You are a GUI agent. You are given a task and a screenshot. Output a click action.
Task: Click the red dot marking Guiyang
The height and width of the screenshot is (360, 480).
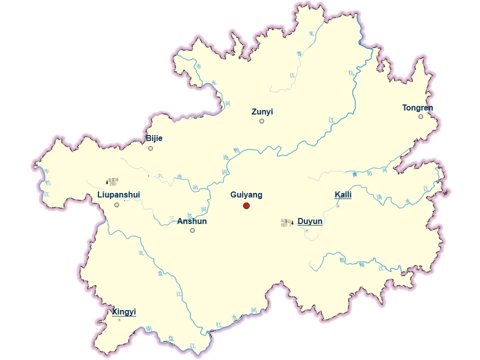click(x=246, y=205)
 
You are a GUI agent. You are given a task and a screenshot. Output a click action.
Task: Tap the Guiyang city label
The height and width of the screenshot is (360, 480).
click(x=246, y=195)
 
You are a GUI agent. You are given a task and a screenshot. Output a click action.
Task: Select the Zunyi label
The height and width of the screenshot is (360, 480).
click(x=262, y=112)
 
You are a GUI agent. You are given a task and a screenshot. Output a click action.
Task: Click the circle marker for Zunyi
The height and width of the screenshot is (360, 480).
click(x=261, y=121)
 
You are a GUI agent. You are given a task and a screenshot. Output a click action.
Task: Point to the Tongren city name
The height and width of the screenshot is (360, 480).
click(x=417, y=107)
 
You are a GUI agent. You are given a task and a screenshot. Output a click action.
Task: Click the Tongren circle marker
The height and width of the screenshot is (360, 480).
click(x=420, y=116)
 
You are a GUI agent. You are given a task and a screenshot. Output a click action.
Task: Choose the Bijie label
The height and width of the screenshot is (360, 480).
click(x=154, y=138)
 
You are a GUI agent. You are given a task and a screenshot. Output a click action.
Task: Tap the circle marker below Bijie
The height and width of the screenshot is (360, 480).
click(x=150, y=148)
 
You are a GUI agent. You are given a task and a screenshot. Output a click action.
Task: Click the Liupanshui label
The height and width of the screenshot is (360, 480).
click(x=118, y=194)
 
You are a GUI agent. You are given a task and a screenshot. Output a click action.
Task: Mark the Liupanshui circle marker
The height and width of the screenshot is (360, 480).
click(x=116, y=204)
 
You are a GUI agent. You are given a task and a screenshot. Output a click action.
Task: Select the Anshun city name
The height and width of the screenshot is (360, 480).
click(x=192, y=221)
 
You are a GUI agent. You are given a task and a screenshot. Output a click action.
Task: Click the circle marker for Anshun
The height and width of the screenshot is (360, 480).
click(x=192, y=230)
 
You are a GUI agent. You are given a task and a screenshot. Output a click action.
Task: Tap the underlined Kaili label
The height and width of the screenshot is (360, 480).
click(x=343, y=194)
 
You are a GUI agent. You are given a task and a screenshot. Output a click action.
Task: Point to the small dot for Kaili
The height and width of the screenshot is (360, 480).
click(x=338, y=206)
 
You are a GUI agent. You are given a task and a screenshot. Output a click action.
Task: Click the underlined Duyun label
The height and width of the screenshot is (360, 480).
click(x=310, y=221)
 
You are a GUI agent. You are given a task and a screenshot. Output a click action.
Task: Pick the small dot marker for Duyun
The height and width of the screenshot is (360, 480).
click(x=306, y=230)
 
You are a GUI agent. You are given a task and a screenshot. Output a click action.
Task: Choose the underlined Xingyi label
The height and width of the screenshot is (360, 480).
click(x=124, y=312)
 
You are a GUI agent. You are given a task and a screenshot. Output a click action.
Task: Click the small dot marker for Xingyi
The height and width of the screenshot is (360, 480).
click(x=119, y=320)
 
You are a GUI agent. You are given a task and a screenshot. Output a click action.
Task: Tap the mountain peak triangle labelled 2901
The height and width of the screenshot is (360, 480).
click(x=107, y=181)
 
